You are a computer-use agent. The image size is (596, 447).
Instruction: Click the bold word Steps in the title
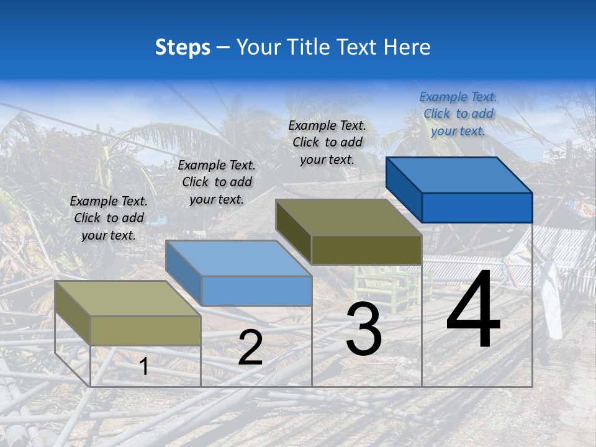point(183,47)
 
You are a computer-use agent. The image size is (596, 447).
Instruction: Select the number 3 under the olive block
point(364,329)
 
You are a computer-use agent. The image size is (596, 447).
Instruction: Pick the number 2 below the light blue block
point(250,348)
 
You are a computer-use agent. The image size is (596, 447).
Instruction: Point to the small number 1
point(144,367)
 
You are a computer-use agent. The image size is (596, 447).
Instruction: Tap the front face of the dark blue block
point(477,207)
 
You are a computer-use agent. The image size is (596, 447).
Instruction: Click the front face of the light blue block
point(256,291)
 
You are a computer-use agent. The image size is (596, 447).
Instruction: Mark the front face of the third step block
point(366,250)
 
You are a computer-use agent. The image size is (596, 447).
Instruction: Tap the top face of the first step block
point(128,299)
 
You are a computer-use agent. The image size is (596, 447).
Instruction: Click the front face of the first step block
point(145,330)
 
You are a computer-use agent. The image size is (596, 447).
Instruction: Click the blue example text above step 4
point(458,114)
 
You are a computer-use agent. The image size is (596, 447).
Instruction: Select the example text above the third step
point(327,142)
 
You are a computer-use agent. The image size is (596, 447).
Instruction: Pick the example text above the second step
point(217,182)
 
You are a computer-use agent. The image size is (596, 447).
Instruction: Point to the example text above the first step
point(109,218)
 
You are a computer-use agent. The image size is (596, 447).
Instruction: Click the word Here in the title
point(407,47)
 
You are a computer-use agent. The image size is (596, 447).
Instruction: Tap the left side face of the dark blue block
point(404,189)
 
